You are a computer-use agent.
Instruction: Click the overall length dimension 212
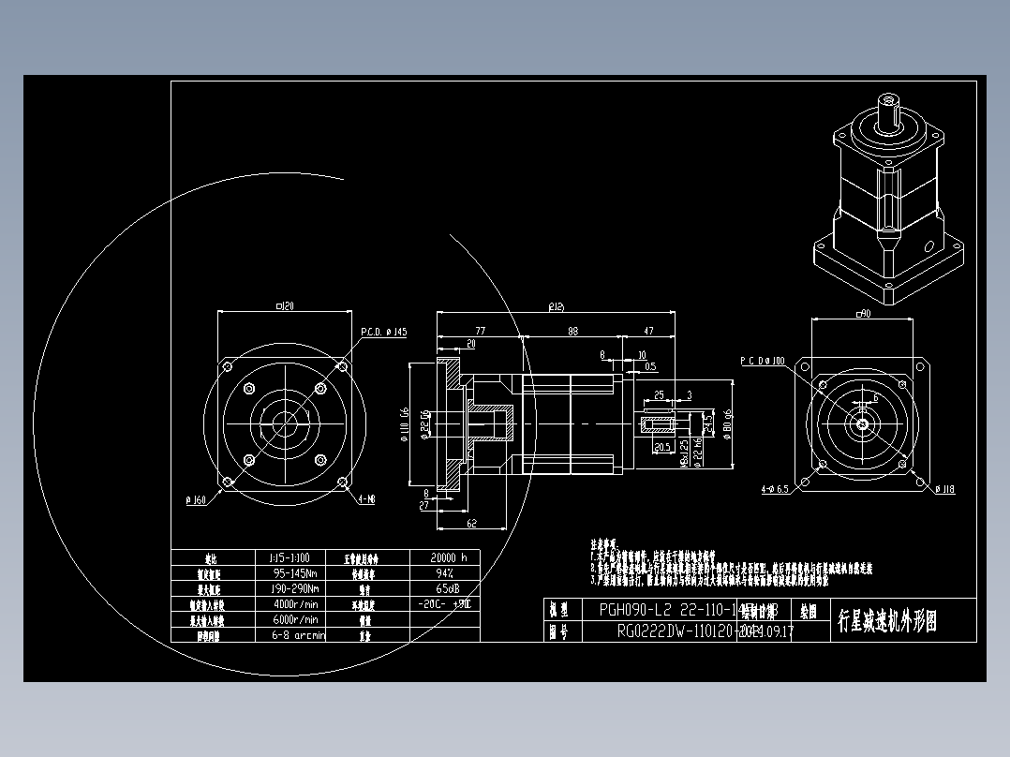coord(556,306)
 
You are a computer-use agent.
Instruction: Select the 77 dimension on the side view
coord(480,331)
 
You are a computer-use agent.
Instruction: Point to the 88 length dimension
coord(572,331)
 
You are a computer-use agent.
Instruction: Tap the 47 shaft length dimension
coord(647,331)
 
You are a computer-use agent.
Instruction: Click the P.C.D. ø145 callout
coord(384,332)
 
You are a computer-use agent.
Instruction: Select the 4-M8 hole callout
coord(366,500)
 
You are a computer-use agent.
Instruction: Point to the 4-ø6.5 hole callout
coord(774,489)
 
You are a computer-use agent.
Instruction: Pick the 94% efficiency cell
coord(444,572)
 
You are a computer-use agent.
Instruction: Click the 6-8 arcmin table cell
coord(294,635)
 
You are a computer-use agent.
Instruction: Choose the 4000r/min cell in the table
coord(294,604)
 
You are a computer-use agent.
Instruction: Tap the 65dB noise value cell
coord(444,588)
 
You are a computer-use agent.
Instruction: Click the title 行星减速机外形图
coord(886,620)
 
